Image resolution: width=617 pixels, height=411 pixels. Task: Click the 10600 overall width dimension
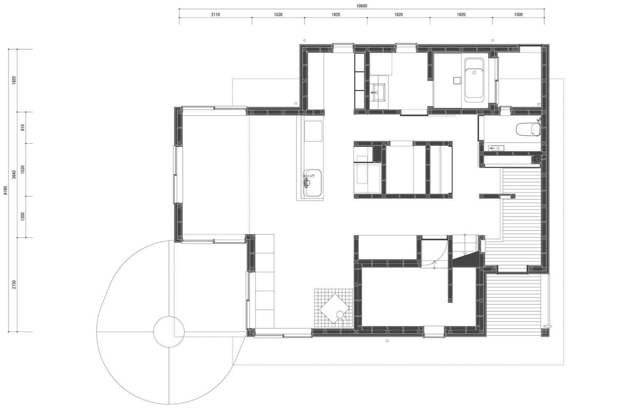click(362, 6)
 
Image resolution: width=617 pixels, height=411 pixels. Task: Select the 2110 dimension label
click(216, 14)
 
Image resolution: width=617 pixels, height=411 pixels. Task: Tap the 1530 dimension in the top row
click(278, 14)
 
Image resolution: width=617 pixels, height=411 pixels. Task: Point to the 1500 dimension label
click(518, 14)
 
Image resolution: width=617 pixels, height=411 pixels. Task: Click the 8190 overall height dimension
click(6, 190)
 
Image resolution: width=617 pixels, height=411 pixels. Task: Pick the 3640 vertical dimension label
click(14, 174)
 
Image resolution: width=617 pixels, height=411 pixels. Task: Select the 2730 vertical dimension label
click(14, 285)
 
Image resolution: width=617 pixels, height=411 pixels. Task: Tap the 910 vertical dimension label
click(23, 127)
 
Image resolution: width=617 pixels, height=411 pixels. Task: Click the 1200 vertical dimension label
click(23, 217)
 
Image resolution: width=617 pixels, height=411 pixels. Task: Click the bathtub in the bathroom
click(474, 79)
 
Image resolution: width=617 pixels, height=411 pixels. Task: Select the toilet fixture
click(527, 129)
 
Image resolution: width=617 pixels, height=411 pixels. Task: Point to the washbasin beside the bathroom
click(377, 93)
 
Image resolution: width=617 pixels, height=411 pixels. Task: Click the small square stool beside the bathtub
click(457, 80)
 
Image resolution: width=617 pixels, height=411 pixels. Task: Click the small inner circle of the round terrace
click(169, 332)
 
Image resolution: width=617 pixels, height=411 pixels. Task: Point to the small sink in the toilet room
click(496, 148)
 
